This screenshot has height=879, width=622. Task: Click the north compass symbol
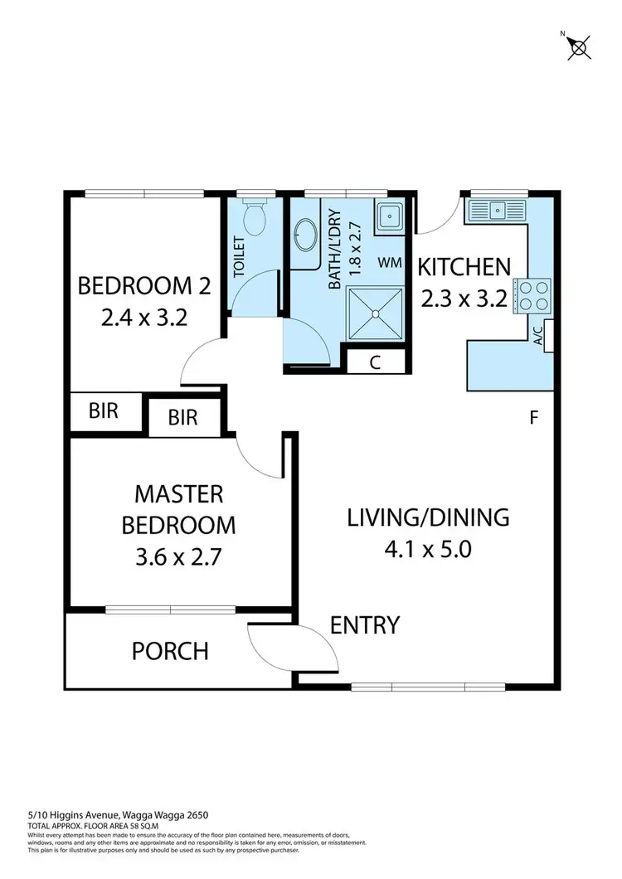coord(577,46)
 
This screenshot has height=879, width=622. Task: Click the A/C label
coord(537,336)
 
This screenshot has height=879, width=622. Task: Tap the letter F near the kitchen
coord(535,417)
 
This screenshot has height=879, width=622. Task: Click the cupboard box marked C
coord(375,362)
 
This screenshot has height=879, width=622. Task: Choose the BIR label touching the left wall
coord(103,410)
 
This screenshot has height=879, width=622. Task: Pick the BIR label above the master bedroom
coord(182,417)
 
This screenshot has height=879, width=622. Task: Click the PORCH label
coord(170,651)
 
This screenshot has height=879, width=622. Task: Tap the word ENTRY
coord(365,624)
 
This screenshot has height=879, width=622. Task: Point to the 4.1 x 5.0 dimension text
coord(427,549)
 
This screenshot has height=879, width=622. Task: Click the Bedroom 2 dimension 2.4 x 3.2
coord(143,318)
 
